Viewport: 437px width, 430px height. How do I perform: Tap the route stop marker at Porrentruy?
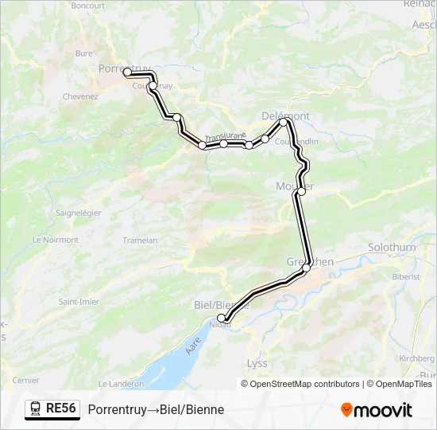click(127, 72)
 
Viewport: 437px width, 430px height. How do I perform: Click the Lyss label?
click(257, 363)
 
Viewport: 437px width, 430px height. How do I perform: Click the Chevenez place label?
click(80, 96)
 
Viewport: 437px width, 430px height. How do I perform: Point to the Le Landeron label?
click(122, 383)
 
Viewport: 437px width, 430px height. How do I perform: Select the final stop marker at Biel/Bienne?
click(222, 318)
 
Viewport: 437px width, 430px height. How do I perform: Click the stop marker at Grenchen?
click(307, 268)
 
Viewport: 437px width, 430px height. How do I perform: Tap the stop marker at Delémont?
click(284, 122)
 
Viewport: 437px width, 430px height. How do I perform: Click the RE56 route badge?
click(52, 408)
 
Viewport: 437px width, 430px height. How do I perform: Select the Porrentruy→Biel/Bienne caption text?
click(156, 409)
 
